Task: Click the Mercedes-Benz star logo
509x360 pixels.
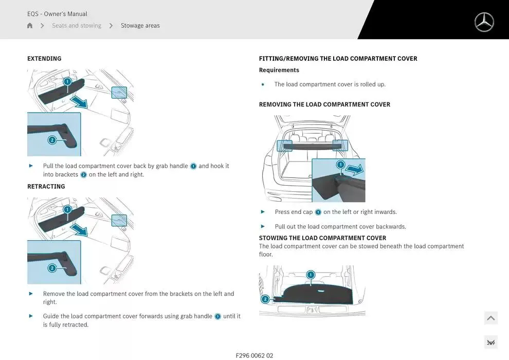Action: tap(484, 22)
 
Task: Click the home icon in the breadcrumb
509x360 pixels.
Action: tap(30, 26)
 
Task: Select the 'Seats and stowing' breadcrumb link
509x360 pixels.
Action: tap(77, 26)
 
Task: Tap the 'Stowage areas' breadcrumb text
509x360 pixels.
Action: tap(140, 26)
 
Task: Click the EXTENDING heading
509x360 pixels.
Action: tap(44, 59)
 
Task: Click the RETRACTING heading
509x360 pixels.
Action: tap(46, 187)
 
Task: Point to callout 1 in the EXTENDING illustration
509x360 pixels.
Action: tap(67, 81)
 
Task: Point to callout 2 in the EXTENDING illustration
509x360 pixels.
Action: tap(52, 140)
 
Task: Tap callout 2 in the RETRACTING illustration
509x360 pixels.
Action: tap(52, 268)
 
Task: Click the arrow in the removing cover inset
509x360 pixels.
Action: tap(354, 169)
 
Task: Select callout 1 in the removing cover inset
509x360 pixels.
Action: tap(340, 165)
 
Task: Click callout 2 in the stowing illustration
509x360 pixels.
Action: tap(265, 299)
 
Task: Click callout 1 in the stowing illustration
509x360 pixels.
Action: tap(311, 275)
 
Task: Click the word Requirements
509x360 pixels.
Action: tap(279, 70)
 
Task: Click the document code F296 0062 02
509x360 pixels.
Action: tap(254, 355)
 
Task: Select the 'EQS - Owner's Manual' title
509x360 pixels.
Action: tap(57, 14)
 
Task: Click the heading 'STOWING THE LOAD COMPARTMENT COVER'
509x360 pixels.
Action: tap(322, 238)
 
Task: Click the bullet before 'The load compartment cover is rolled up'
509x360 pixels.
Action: tap(263, 85)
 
